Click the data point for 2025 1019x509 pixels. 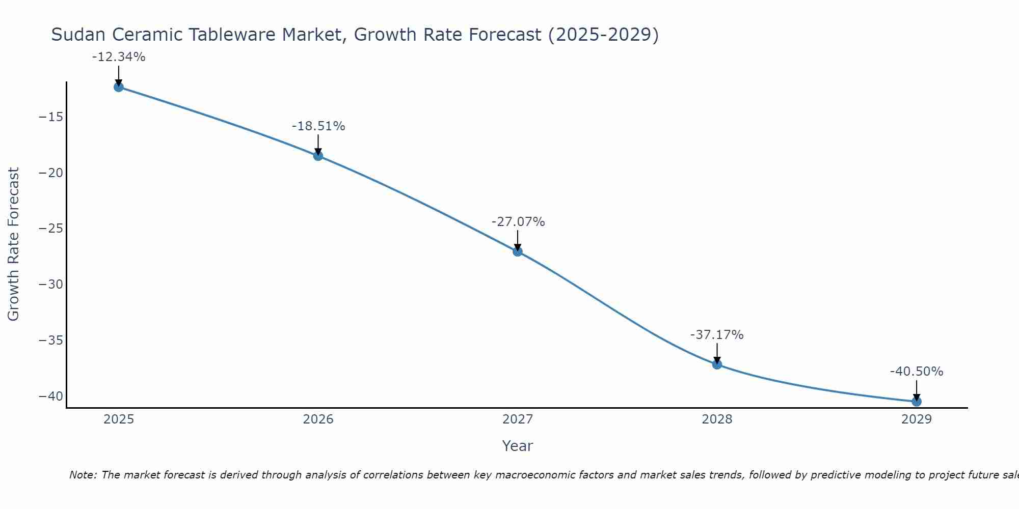(x=119, y=87)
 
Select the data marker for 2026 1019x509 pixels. (x=318, y=156)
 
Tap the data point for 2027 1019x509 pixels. (x=518, y=251)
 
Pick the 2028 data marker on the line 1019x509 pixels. (x=717, y=364)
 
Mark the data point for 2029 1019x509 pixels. (x=917, y=402)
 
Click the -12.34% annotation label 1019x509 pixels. (x=119, y=57)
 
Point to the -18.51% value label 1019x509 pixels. (x=318, y=126)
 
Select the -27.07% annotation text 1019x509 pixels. (x=518, y=222)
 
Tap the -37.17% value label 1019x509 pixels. (x=717, y=335)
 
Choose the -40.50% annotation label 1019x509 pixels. (x=917, y=372)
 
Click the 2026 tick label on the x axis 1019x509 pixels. (x=318, y=419)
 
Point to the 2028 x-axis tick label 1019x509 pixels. (x=717, y=419)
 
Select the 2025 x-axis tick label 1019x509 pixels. (x=119, y=419)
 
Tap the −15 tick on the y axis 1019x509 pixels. (x=51, y=117)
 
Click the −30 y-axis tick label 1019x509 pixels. (x=51, y=284)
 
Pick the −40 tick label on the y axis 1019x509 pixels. (x=51, y=396)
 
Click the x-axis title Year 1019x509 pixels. (x=517, y=446)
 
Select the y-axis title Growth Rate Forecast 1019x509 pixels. (x=13, y=244)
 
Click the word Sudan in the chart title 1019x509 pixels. (x=78, y=35)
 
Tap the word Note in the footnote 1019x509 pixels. (x=82, y=475)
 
